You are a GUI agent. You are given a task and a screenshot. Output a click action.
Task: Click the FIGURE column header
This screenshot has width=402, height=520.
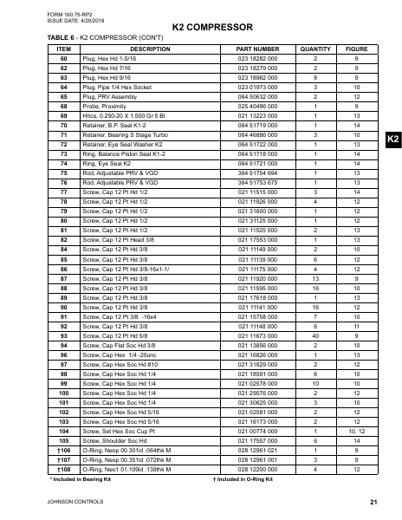pos(357,50)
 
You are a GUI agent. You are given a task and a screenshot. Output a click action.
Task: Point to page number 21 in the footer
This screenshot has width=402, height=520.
pos(373,503)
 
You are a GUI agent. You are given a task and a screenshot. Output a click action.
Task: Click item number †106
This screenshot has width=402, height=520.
pos(63,451)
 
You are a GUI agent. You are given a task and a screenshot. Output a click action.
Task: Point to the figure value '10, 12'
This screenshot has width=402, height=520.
pos(357,430)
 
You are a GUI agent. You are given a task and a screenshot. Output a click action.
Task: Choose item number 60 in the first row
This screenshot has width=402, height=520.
pos(63,59)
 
